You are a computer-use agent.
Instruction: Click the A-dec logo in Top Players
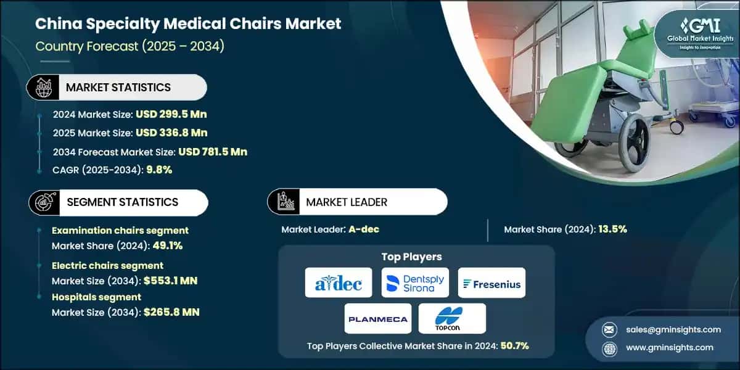(339, 283)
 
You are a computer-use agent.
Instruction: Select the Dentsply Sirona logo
(415, 283)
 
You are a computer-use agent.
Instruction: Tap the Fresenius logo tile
(491, 283)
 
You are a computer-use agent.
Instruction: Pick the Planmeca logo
(377, 318)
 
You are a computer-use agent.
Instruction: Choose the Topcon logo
(452, 318)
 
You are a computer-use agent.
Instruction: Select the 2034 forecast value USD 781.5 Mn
(213, 152)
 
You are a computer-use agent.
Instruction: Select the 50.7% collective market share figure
(513, 346)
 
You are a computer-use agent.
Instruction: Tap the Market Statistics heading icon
(43, 88)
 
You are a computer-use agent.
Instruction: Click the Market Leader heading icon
(284, 202)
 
